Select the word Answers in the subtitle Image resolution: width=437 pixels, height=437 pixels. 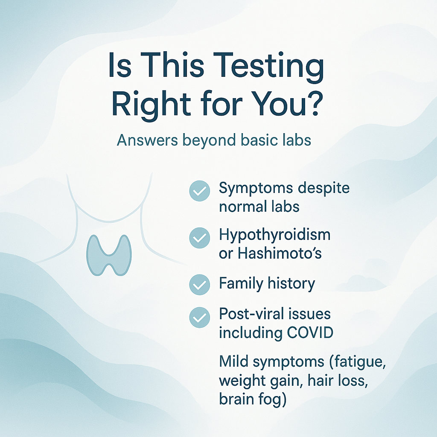(147, 140)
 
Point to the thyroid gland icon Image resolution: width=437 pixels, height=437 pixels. (109, 255)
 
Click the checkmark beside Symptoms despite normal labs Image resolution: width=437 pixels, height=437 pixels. (200, 191)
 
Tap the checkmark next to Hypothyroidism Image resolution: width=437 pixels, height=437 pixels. (200, 238)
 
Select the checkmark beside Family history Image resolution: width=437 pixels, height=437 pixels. (200, 285)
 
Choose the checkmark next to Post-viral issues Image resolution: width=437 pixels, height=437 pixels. (200, 318)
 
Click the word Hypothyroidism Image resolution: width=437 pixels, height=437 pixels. (274, 235)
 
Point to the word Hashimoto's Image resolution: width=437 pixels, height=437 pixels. (280, 253)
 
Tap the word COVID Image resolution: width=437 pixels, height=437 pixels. (310, 332)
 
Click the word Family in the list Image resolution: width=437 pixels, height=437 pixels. (241, 284)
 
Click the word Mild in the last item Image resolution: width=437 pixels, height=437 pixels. (233, 361)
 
